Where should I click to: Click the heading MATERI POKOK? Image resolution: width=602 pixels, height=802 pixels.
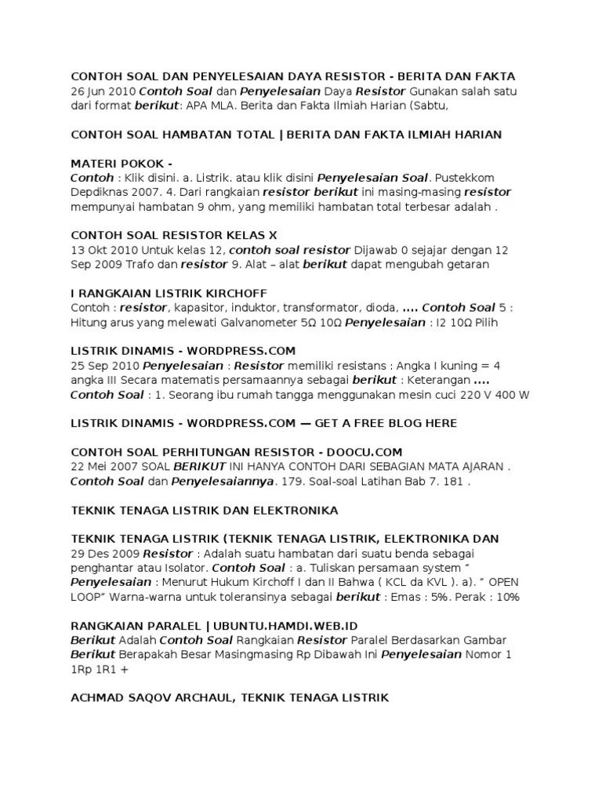click(x=117, y=163)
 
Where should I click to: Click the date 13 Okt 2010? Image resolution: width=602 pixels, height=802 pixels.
click(x=104, y=250)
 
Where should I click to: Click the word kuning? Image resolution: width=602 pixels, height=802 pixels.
click(x=459, y=366)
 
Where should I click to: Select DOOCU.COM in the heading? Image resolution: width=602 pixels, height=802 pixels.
click(x=364, y=452)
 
